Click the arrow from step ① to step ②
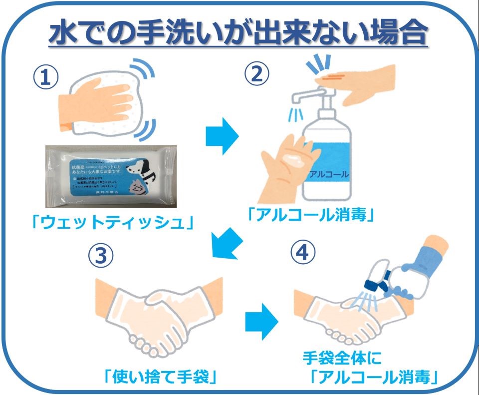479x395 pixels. (223, 136)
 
